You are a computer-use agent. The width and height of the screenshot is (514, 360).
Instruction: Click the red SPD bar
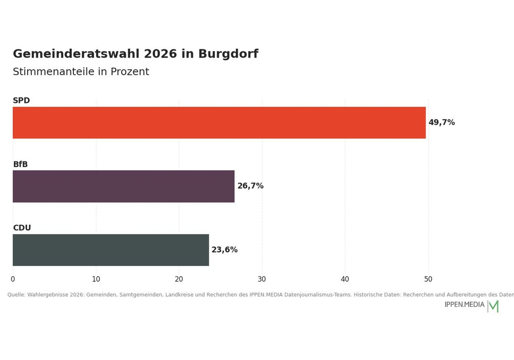[219, 122]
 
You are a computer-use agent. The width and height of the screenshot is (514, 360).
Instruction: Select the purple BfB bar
[123, 186]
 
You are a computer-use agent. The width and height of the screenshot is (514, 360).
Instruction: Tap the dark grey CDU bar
[111, 250]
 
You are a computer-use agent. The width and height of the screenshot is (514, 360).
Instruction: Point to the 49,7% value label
[442, 122]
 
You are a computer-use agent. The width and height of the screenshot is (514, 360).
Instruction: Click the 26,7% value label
[250, 186]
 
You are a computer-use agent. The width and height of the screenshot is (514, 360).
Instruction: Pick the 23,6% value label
[225, 250]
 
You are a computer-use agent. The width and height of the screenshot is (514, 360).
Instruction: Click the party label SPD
[21, 100]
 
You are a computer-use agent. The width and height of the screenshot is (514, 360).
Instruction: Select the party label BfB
[21, 164]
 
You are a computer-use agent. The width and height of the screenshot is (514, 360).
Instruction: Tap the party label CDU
[22, 227]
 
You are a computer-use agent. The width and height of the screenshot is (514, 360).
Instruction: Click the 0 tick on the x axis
[13, 279]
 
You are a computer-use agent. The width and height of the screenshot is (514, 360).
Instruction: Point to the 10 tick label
[96, 279]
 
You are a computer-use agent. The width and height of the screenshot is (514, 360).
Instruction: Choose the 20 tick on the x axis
[179, 279]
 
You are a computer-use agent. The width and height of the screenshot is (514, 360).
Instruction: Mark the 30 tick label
[262, 279]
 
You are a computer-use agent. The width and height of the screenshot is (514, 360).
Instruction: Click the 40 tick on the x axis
[345, 279]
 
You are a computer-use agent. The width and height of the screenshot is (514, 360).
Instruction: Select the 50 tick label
[428, 279]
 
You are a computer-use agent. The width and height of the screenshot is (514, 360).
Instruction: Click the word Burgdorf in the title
[228, 54]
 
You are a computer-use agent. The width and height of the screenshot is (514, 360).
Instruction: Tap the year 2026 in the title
[160, 54]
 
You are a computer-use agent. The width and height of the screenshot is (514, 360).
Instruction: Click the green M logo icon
[493, 306]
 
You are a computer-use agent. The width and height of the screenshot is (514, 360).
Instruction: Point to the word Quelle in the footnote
[16, 295]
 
